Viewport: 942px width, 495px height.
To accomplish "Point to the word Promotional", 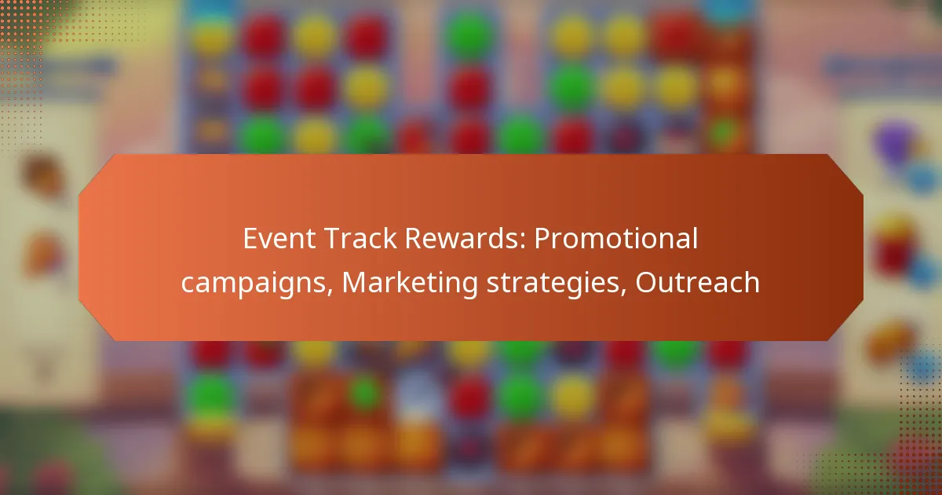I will [x=616, y=239].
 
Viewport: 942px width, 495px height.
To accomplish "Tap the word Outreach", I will [x=697, y=283].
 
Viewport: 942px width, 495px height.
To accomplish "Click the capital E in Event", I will [x=250, y=239].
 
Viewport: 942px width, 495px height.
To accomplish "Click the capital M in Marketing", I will [x=354, y=283].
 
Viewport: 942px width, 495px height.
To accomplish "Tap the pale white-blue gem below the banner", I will [x=417, y=393].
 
